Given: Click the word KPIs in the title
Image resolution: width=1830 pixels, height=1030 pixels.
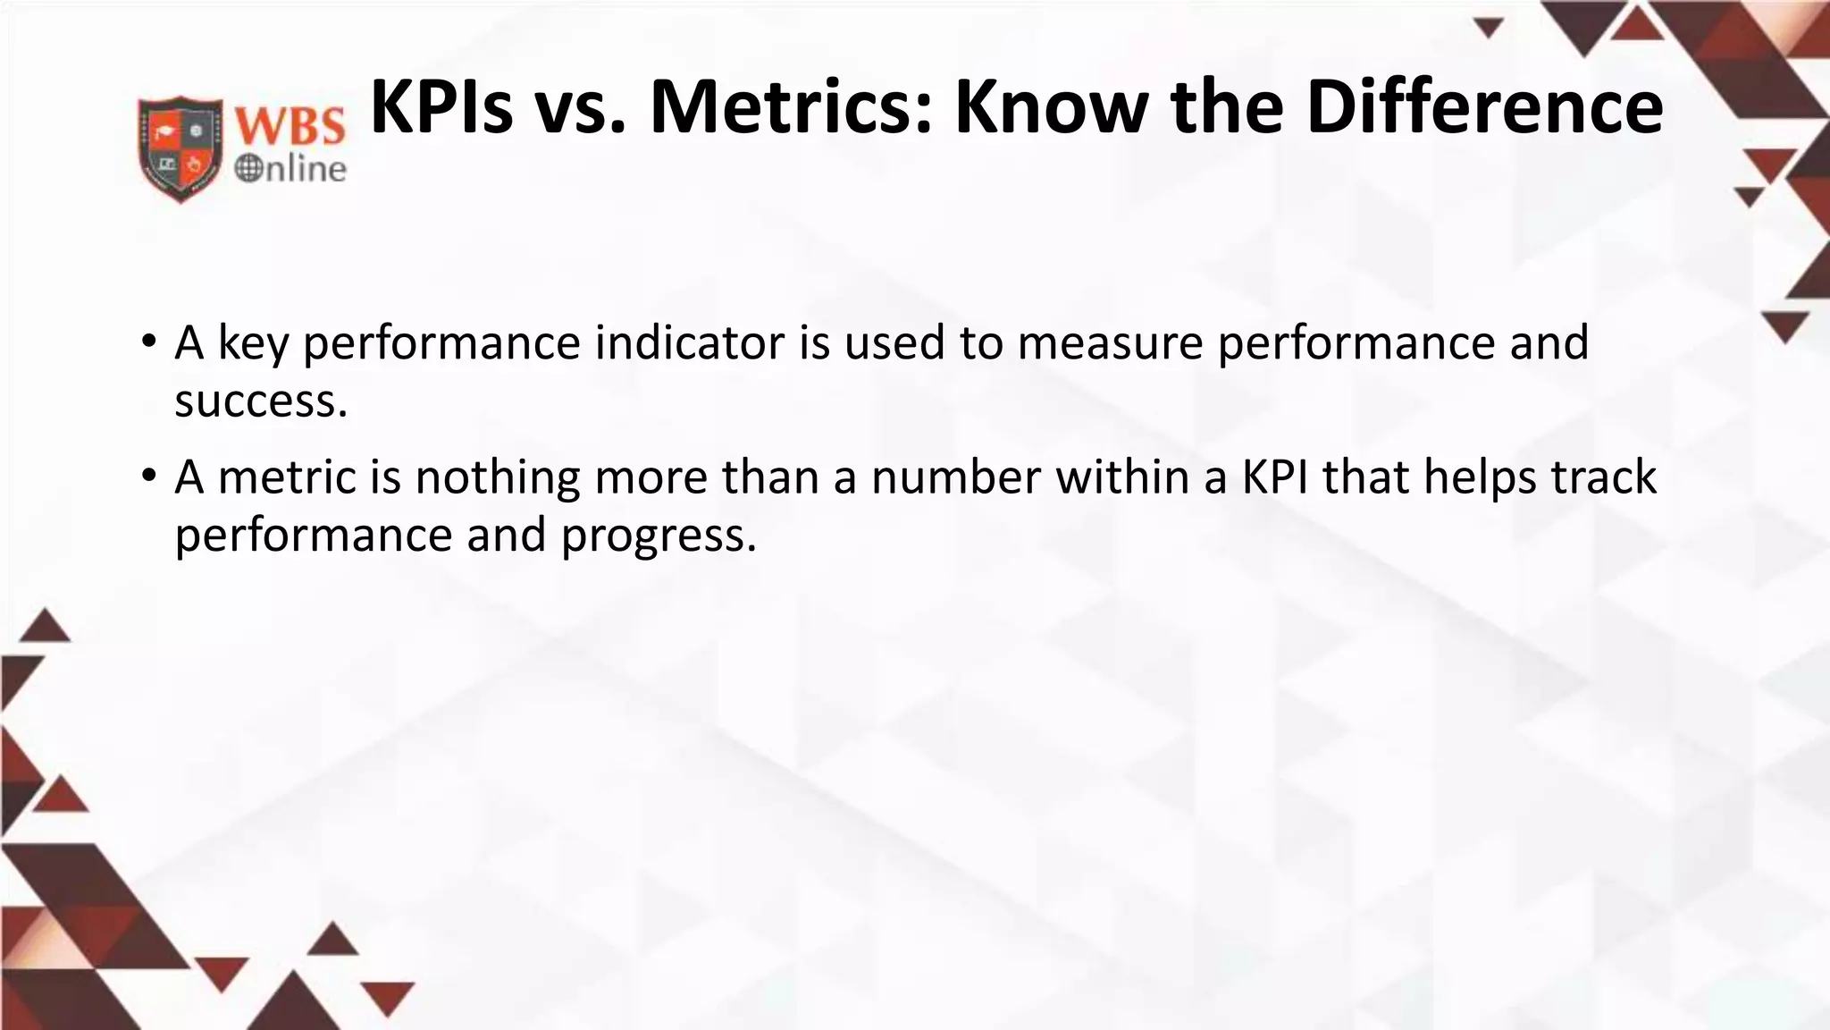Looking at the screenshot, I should (441, 107).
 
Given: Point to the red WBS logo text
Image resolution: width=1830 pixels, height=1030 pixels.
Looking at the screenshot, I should (290, 126).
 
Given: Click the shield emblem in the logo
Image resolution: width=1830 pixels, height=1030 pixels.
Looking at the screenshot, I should (180, 148).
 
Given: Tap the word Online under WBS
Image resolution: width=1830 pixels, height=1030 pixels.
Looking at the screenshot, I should (290, 168).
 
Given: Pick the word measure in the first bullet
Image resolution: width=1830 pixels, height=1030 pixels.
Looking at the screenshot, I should (1111, 342).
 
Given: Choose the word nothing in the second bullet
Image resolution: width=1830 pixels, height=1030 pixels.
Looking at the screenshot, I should (498, 477).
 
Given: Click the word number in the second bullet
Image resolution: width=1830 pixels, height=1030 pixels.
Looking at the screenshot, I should (955, 477).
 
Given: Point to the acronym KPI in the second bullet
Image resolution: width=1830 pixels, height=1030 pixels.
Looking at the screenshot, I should (1275, 477).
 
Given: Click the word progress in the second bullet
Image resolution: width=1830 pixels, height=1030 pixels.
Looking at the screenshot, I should (652, 536).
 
